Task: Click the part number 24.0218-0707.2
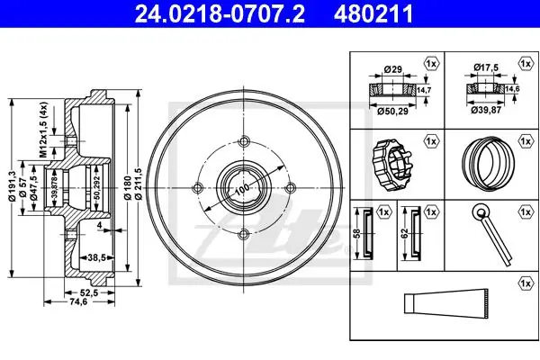click(x=220, y=13)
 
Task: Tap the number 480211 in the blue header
click(x=373, y=13)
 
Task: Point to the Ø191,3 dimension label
click(x=12, y=185)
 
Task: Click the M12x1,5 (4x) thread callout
click(x=43, y=130)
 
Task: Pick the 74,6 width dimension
click(x=79, y=301)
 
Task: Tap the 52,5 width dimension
click(x=89, y=292)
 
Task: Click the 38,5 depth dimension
click(x=96, y=256)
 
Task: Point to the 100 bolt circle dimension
click(x=243, y=188)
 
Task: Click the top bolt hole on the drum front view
click(x=244, y=141)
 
